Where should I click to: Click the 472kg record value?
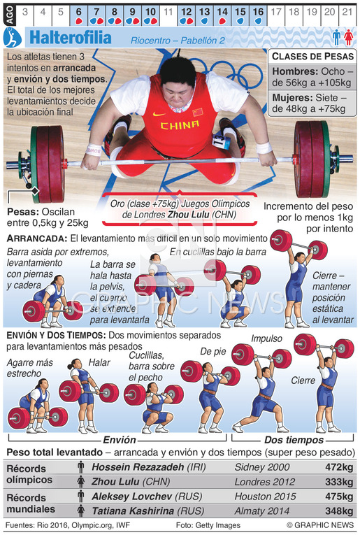click(339, 466)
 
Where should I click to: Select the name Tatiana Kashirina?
click(133, 511)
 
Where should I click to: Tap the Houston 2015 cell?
click(265, 497)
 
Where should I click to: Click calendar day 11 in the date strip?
click(168, 13)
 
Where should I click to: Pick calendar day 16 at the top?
click(258, 13)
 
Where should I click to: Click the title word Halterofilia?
click(71, 38)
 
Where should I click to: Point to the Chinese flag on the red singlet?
click(197, 113)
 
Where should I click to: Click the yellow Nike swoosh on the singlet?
click(159, 114)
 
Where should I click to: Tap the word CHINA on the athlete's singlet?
click(180, 125)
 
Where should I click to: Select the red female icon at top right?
click(348, 38)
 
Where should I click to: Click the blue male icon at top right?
click(337, 38)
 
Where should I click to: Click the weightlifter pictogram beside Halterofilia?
click(13, 38)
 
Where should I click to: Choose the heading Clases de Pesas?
click(312, 57)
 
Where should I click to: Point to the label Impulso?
click(266, 338)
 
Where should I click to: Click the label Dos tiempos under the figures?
click(294, 440)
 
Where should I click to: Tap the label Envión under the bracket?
click(120, 440)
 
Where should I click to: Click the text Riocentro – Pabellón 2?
click(178, 41)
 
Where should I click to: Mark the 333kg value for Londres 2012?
click(339, 482)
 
